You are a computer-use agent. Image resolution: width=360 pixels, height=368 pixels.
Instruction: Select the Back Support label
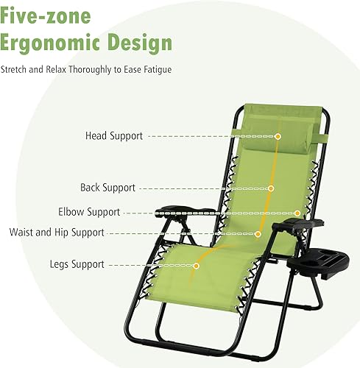point(107,188)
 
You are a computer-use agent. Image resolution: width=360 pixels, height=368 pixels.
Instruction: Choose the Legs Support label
point(77,263)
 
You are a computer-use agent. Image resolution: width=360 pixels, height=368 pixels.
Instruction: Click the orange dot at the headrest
point(278,136)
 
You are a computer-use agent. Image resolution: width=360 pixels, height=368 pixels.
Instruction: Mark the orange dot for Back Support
point(271,188)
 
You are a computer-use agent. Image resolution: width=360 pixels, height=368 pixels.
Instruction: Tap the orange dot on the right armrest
point(297,213)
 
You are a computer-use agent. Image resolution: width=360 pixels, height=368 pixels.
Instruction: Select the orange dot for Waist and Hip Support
point(258,234)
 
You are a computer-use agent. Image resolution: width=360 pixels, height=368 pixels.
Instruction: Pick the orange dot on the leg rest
point(197,265)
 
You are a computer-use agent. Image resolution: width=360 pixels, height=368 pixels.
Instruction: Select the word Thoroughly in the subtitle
point(98,70)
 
